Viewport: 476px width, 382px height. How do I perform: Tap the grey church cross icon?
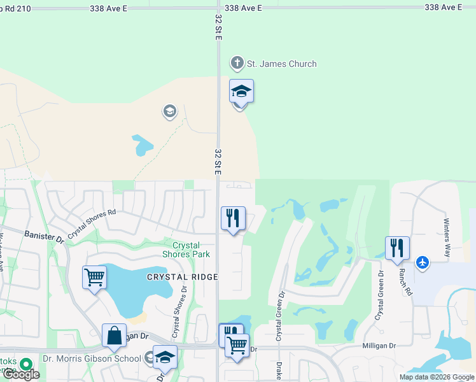(237, 63)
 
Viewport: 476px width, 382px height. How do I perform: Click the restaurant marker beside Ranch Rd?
(397, 248)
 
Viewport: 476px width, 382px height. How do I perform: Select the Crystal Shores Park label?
(186, 250)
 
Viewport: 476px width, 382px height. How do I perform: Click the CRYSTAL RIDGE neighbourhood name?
(183, 277)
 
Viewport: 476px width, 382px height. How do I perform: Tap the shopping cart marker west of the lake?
(94, 278)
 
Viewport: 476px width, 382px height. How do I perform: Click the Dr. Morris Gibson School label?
(92, 358)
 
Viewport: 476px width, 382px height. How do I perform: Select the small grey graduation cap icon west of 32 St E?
(169, 112)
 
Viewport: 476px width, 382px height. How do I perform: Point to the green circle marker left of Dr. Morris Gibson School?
(25, 365)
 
